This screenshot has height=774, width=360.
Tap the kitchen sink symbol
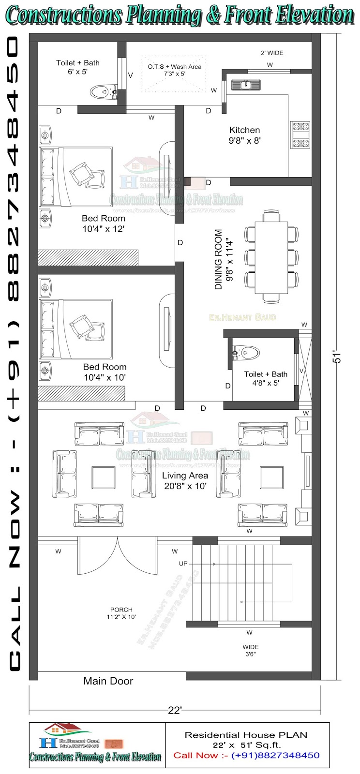245,85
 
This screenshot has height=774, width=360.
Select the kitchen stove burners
300,135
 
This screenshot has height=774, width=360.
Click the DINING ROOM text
219,260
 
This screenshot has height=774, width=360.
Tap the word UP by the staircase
183,564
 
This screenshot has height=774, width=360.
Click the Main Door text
108,681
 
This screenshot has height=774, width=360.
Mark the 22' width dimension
175,710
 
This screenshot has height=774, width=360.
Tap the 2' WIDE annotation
272,53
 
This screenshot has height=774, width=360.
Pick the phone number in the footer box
275,755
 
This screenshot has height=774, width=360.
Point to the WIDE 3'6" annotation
250,650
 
